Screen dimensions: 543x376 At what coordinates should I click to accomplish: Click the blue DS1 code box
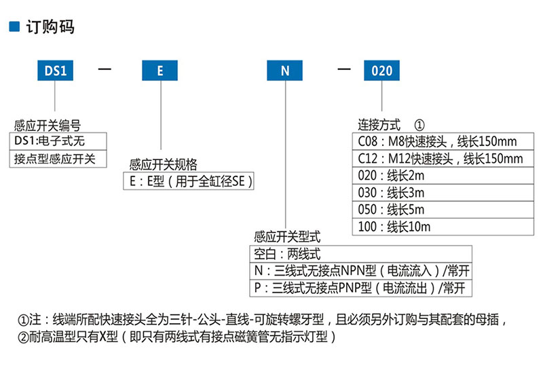(56, 71)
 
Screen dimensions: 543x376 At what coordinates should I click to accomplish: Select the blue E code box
(160, 71)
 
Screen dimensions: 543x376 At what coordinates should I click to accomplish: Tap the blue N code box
(284, 71)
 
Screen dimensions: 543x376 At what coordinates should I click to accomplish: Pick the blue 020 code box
(381, 71)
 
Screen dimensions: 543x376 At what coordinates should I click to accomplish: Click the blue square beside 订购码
(14, 26)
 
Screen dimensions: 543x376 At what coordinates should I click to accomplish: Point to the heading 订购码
(50, 26)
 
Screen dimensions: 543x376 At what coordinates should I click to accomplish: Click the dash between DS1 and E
(105, 69)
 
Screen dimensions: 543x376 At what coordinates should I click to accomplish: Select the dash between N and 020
(344, 69)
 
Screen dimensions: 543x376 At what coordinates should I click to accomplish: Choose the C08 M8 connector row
(443, 141)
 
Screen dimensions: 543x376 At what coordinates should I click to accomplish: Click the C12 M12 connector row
(443, 159)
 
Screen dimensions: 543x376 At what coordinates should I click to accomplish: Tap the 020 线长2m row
(443, 176)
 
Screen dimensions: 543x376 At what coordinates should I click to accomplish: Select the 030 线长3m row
(443, 193)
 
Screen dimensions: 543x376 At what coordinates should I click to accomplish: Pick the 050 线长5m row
(443, 210)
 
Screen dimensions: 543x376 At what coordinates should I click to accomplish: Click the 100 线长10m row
(443, 227)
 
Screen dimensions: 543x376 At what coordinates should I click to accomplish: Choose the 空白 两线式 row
(361, 254)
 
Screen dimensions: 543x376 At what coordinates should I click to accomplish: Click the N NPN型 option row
(361, 271)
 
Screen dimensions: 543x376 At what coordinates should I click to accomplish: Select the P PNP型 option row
(361, 288)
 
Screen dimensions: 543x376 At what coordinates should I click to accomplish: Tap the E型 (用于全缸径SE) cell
(189, 181)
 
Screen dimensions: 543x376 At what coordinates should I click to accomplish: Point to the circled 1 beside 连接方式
(419, 125)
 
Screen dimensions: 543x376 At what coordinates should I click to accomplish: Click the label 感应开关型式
(287, 237)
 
